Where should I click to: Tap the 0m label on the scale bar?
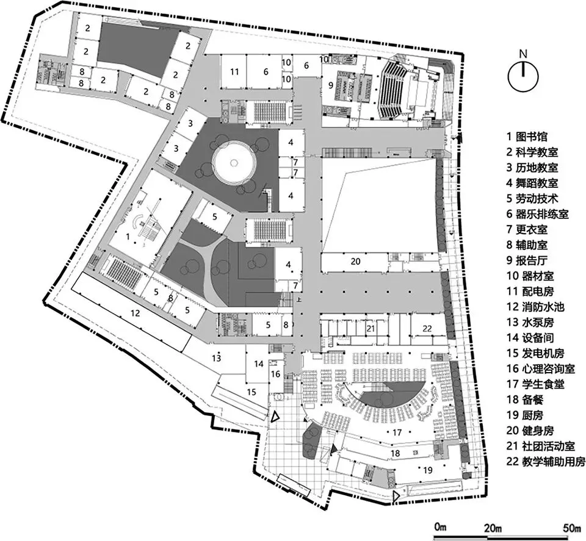tap(440, 527)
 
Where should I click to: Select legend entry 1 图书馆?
tap(527, 136)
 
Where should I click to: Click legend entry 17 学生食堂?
tap(535, 384)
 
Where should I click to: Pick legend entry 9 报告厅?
tap(527, 260)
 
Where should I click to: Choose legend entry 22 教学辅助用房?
tap(546, 462)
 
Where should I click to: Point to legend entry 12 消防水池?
tap(535, 307)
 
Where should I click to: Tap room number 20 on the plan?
tap(355, 261)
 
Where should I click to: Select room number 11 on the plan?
tap(234, 71)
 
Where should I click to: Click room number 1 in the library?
tap(128, 236)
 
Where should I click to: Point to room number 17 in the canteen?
tap(397, 432)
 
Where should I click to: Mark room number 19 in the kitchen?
tap(427, 469)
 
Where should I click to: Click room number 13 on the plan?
tap(216, 358)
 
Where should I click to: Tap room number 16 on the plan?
tap(275, 374)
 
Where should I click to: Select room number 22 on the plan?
tap(427, 329)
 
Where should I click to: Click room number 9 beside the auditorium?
tap(330, 85)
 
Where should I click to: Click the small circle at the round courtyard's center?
tap(234, 162)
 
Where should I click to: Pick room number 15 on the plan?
tap(251, 392)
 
